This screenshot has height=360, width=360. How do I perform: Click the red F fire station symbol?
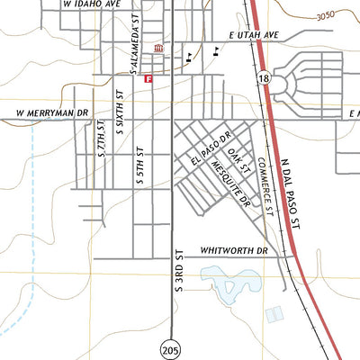148,79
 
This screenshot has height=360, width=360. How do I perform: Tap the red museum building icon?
158,49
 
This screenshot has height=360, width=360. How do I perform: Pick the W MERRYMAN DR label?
53,114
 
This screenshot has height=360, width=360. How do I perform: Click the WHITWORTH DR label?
235,251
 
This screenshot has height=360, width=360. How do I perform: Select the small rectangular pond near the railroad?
274,314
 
